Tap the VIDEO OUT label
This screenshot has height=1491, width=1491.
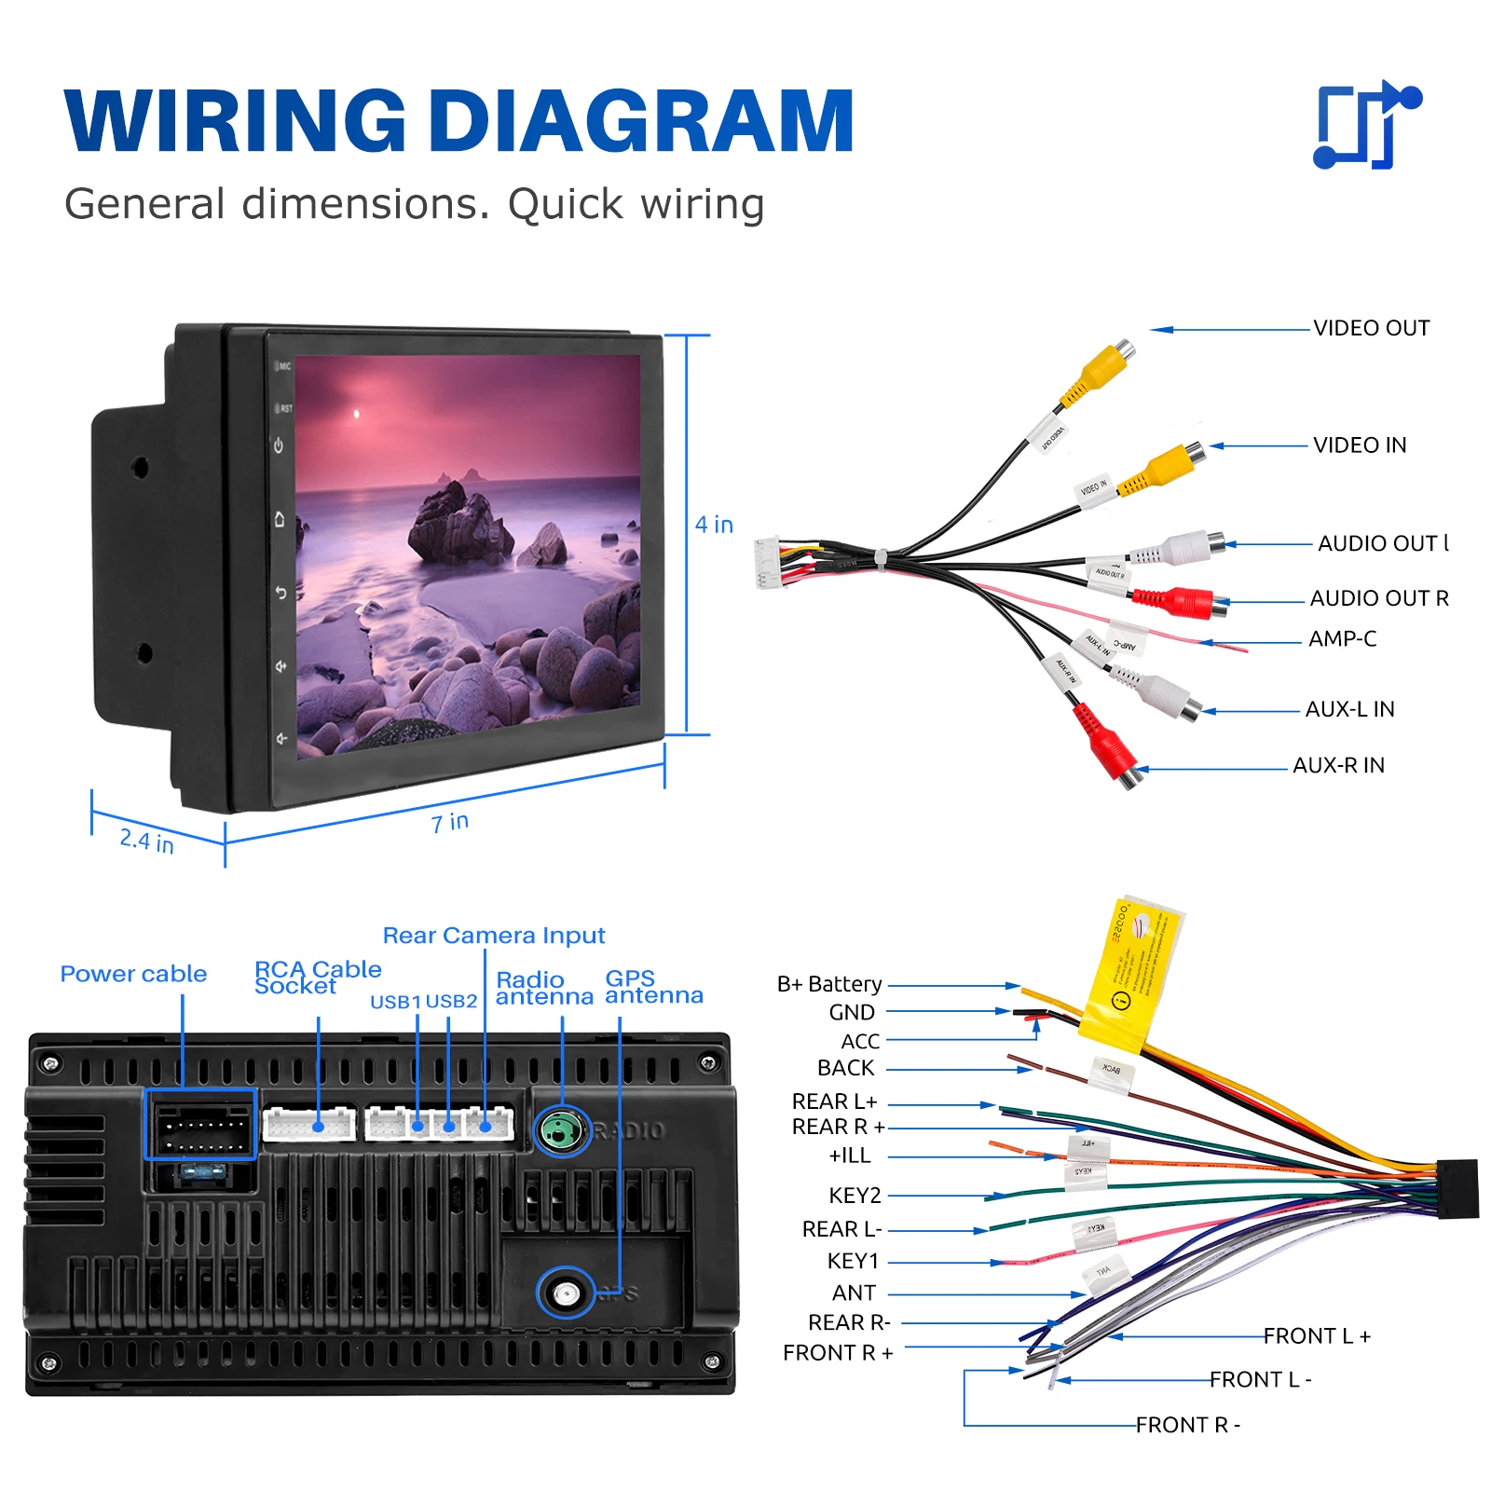tap(1371, 328)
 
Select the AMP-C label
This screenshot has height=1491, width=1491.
tap(1342, 639)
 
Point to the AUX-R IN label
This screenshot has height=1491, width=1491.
tap(1338, 765)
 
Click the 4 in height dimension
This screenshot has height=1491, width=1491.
tap(714, 525)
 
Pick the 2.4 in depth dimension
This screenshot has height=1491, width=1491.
tap(146, 841)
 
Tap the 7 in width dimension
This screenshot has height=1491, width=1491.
tap(449, 823)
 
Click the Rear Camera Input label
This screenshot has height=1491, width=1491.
tap(493, 936)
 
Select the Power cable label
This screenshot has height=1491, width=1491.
tap(133, 974)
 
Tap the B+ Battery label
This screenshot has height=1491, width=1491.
tap(829, 984)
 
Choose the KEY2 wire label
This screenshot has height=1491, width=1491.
tap(855, 1195)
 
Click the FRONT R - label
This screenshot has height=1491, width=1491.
tap(1187, 1425)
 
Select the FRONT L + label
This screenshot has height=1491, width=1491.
tap(1317, 1336)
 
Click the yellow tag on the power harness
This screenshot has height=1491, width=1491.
tap(1130, 975)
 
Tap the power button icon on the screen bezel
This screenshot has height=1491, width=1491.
tap(279, 445)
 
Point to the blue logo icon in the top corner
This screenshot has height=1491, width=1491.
tap(1366, 125)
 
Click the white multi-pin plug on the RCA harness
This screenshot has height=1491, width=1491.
tap(768, 563)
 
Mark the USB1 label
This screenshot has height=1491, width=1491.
tap(395, 1002)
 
